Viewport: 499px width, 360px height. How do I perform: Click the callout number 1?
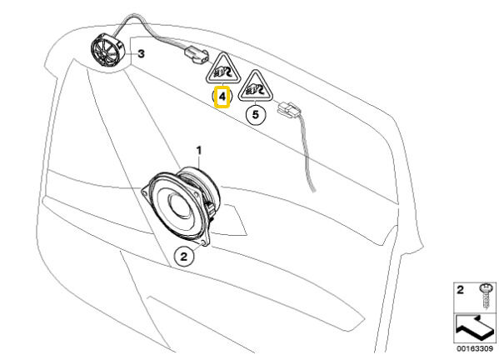click(199, 150)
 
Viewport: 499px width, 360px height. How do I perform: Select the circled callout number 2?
click(184, 256)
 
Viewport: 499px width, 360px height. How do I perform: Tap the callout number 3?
click(141, 54)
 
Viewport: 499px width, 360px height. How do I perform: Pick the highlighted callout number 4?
click(222, 97)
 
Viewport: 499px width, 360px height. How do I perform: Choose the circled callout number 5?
click(256, 114)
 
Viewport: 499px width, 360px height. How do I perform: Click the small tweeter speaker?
click(107, 50)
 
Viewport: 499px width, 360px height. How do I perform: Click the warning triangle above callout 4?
click(222, 69)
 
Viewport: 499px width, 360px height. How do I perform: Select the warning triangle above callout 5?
click(257, 87)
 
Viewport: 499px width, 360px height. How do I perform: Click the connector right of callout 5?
click(289, 110)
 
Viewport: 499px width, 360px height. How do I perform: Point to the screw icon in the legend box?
click(487, 296)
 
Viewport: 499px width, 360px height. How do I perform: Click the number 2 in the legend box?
click(460, 290)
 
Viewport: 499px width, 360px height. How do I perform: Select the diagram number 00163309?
click(475, 348)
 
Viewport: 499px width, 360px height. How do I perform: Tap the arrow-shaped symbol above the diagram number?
click(474, 327)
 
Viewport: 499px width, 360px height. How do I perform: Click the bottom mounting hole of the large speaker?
click(203, 243)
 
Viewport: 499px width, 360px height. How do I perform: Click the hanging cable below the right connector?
click(307, 153)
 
